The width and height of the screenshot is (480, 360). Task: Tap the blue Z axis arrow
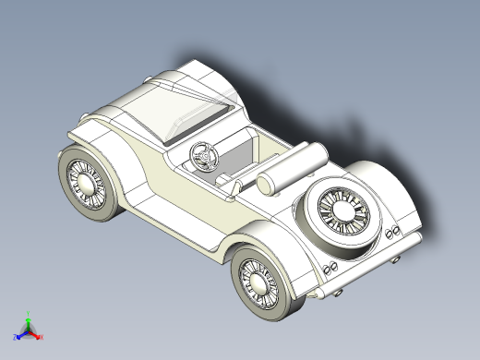pyautogui.click(x=20, y=335)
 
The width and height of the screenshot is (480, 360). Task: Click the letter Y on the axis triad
pyautogui.click(x=29, y=312)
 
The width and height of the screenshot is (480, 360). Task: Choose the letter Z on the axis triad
pyautogui.click(x=15, y=338)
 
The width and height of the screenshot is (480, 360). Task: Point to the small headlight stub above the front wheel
pyautogui.click(x=86, y=115)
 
